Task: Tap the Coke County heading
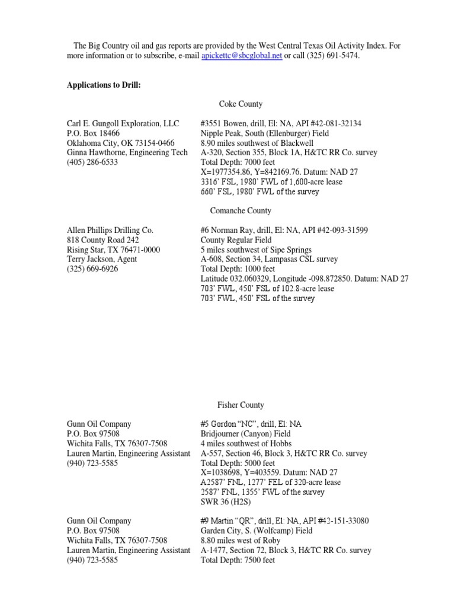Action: tap(241, 104)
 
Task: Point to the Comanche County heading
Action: tap(241, 210)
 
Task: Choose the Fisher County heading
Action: tap(241, 405)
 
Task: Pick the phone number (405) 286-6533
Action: tap(92, 162)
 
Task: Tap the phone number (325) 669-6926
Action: tap(92, 269)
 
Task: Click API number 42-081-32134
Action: tap(337, 123)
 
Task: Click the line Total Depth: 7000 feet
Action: tap(238, 162)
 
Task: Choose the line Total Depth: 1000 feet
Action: tap(238, 269)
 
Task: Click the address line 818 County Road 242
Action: tap(103, 239)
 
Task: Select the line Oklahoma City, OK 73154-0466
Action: tap(120, 143)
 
